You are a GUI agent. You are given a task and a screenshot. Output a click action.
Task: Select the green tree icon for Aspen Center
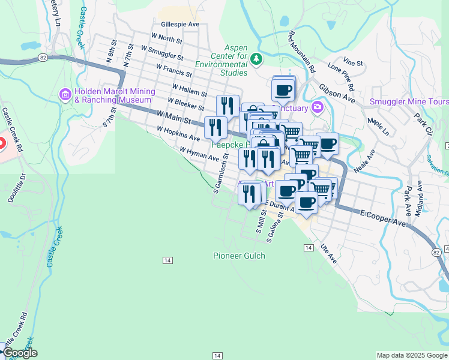pos(256,58)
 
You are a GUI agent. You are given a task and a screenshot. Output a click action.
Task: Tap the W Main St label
pos(173,117)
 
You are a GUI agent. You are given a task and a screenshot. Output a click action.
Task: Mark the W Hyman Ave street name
pos(199,154)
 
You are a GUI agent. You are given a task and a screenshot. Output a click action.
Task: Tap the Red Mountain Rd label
pos(302,52)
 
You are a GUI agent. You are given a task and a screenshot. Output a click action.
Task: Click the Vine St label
pos(354,62)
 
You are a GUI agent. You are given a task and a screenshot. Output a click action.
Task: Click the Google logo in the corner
pos(19,353)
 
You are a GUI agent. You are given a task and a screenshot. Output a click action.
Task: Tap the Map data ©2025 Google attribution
pos(411,355)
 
